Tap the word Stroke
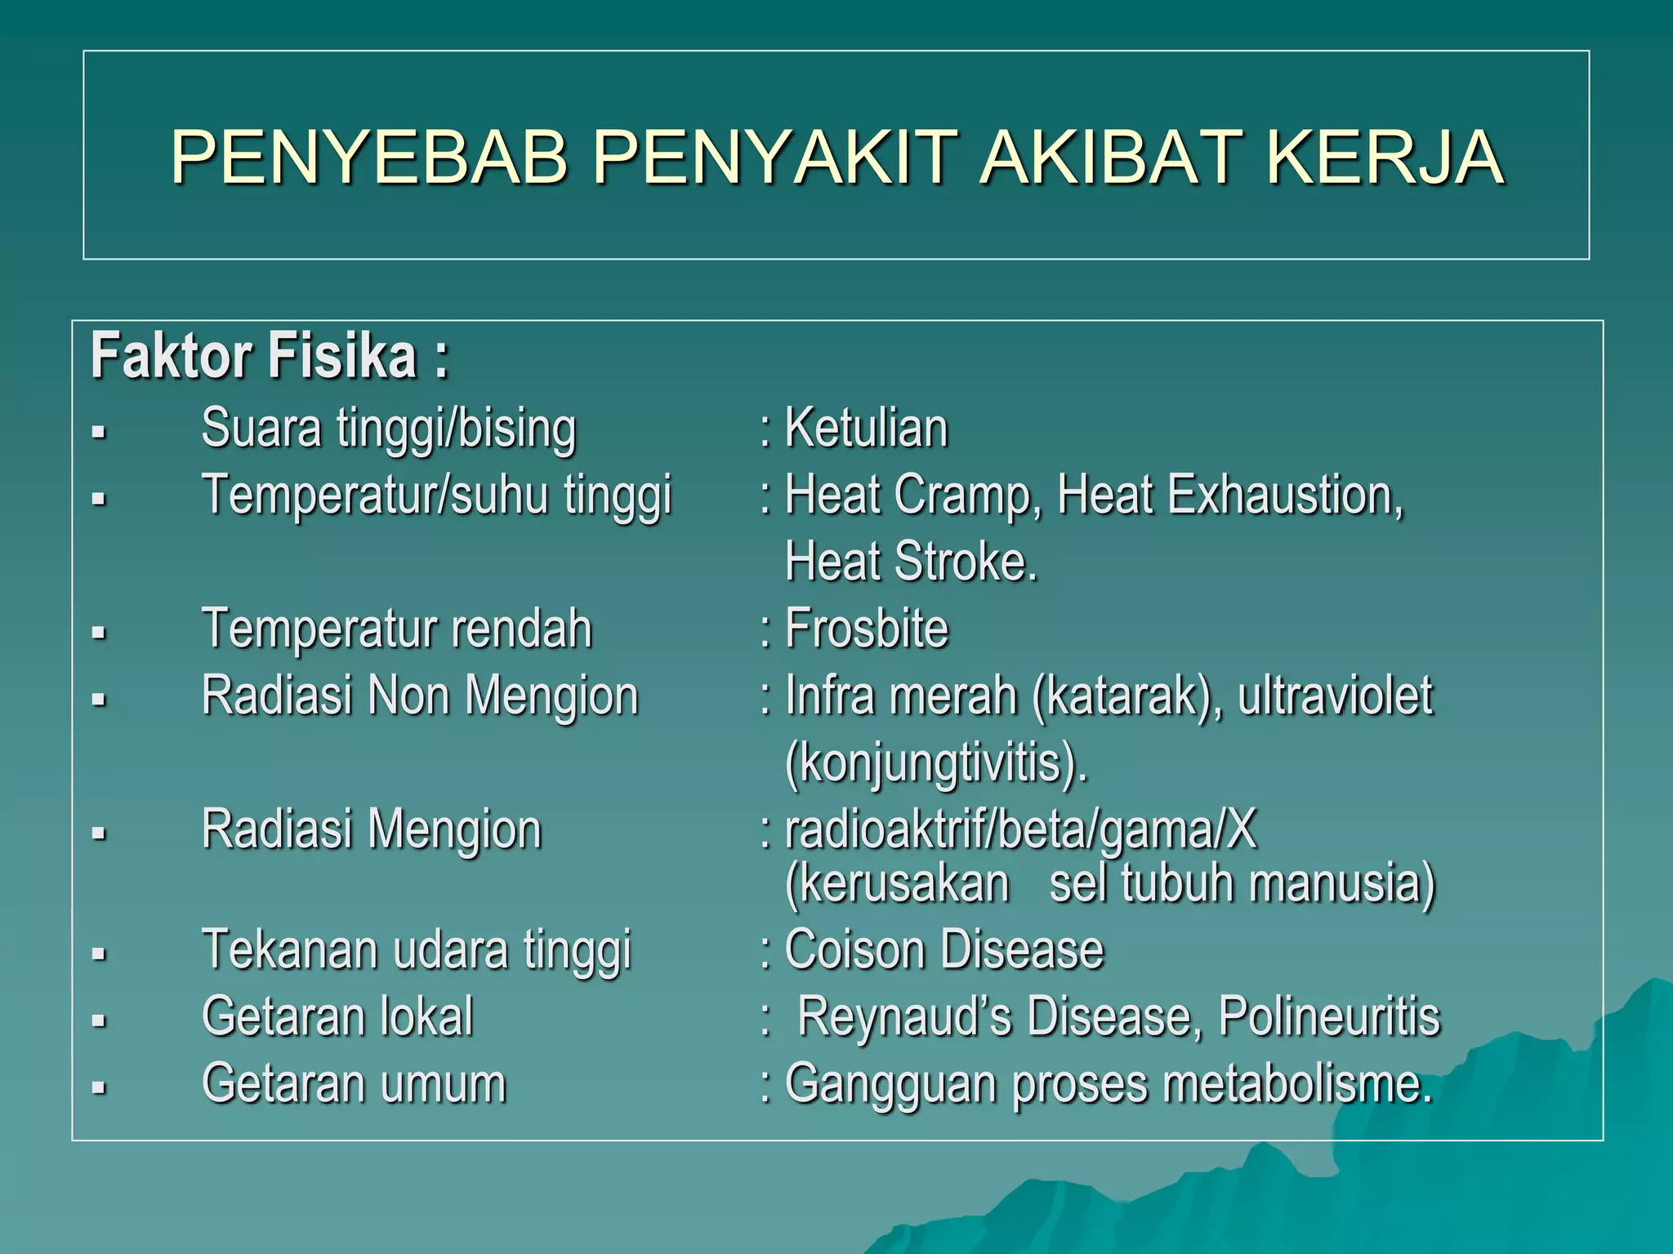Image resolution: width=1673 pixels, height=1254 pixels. tap(966, 563)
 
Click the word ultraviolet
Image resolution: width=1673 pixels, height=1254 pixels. tap(1335, 696)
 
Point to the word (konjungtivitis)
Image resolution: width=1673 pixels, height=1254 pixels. tap(936, 763)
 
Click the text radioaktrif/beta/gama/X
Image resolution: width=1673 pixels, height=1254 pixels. tap(1020, 830)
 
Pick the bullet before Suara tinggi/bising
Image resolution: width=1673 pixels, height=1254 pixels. tap(99, 432)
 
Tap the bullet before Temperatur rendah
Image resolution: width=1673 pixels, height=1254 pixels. tap(99, 633)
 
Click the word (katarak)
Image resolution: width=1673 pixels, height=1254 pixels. tap(1126, 696)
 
